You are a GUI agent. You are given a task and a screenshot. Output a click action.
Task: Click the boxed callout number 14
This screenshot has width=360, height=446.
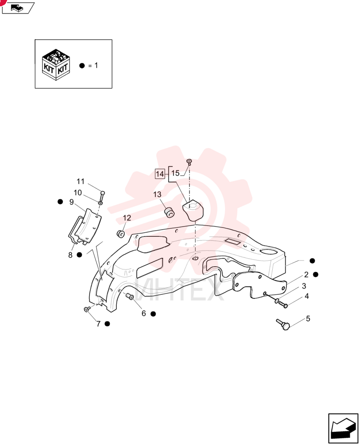(160, 173)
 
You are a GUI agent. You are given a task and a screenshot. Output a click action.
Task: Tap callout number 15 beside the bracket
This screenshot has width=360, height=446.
(175, 173)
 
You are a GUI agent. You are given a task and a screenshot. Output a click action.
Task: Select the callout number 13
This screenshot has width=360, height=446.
(157, 194)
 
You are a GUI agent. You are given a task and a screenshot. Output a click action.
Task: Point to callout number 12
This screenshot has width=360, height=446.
(127, 218)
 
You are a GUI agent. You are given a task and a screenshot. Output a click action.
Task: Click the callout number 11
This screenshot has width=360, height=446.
(81, 182)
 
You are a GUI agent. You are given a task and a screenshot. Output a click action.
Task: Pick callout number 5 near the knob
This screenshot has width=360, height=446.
(308, 318)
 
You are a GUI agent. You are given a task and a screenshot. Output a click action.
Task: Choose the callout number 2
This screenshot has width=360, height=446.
(306, 275)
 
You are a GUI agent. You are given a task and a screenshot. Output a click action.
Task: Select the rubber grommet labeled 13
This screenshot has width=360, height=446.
(170, 212)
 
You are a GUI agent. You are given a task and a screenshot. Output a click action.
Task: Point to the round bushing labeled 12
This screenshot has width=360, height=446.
(121, 234)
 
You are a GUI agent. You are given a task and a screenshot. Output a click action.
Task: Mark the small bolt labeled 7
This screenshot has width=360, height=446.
(87, 309)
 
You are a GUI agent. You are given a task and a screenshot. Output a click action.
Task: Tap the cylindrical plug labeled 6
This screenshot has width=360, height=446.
(130, 297)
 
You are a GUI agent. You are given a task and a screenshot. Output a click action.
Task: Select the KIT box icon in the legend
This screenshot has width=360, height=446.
(56, 65)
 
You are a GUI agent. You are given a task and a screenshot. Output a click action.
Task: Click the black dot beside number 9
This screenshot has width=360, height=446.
(60, 202)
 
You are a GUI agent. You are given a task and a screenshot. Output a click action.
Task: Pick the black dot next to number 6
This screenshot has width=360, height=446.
(153, 314)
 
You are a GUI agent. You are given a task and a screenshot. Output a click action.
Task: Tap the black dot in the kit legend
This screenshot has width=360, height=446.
(82, 66)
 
